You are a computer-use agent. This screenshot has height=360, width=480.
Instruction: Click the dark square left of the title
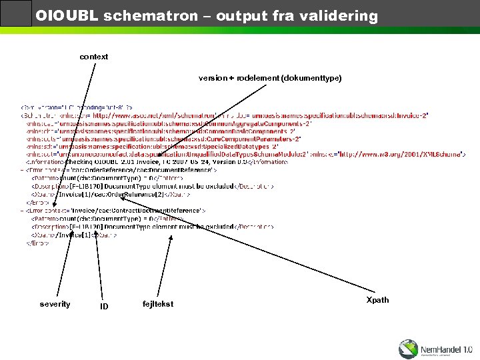tap(16, 13)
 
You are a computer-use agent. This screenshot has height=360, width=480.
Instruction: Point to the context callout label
tap(94, 57)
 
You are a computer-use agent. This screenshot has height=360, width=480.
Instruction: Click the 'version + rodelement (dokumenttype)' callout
tap(270, 78)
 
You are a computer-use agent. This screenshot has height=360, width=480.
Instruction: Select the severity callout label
tap(55, 304)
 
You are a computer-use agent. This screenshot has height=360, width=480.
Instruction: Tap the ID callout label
tap(104, 307)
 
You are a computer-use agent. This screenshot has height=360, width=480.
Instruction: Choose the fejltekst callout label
tap(158, 304)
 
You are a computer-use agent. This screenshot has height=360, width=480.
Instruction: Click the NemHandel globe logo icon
tap(409, 349)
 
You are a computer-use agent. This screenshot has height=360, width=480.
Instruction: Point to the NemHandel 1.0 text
tap(446, 348)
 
